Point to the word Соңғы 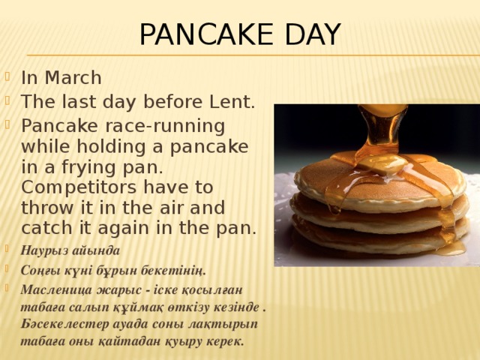[x=40, y=269]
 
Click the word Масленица [x=55, y=289]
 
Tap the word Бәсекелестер [x=64, y=324]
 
